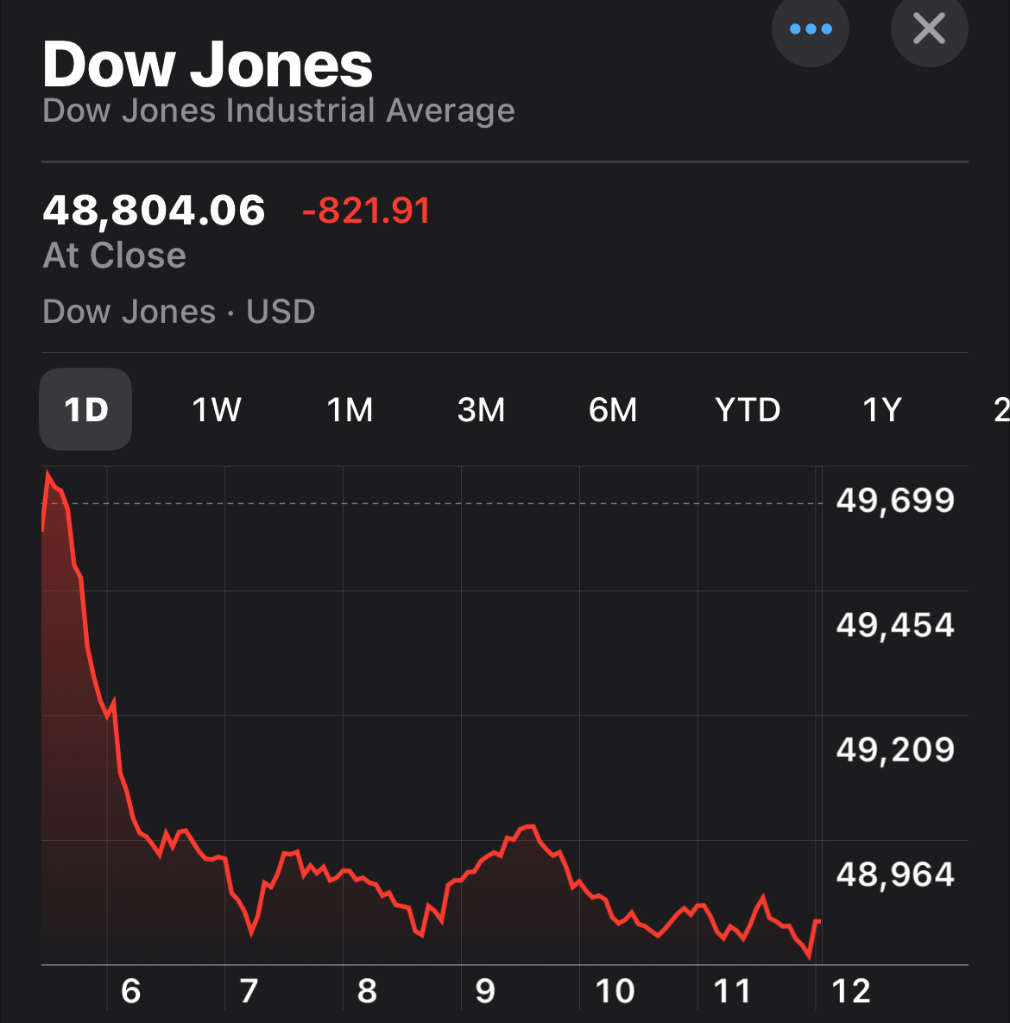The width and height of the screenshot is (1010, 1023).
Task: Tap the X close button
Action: tap(929, 28)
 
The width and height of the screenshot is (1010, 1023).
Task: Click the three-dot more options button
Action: tap(811, 28)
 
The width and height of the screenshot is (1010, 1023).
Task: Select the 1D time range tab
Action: tap(86, 409)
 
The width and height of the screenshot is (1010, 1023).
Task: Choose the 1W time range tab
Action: tap(217, 409)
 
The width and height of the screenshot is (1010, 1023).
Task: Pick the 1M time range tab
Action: tap(350, 409)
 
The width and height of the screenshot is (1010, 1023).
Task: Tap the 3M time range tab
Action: tap(481, 409)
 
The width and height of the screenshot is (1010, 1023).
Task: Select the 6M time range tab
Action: tap(613, 409)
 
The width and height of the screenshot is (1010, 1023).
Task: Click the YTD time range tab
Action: tap(748, 409)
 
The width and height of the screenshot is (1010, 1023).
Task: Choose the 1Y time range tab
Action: tap(882, 409)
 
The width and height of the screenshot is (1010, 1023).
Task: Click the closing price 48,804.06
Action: tap(154, 211)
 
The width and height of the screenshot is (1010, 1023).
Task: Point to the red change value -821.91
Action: tap(366, 211)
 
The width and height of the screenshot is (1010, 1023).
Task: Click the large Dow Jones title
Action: tap(207, 65)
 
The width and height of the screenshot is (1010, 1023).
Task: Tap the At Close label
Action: tap(115, 256)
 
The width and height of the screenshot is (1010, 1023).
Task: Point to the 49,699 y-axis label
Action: tap(895, 500)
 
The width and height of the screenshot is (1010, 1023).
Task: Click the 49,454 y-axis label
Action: tap(895, 624)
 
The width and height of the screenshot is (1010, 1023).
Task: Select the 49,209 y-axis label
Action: tap(895, 749)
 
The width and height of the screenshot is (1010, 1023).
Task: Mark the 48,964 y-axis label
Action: tap(895, 875)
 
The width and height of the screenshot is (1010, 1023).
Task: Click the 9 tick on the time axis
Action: tap(485, 991)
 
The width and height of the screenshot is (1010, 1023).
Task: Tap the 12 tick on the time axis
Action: tap(851, 991)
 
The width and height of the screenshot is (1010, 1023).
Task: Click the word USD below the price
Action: tap(281, 312)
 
